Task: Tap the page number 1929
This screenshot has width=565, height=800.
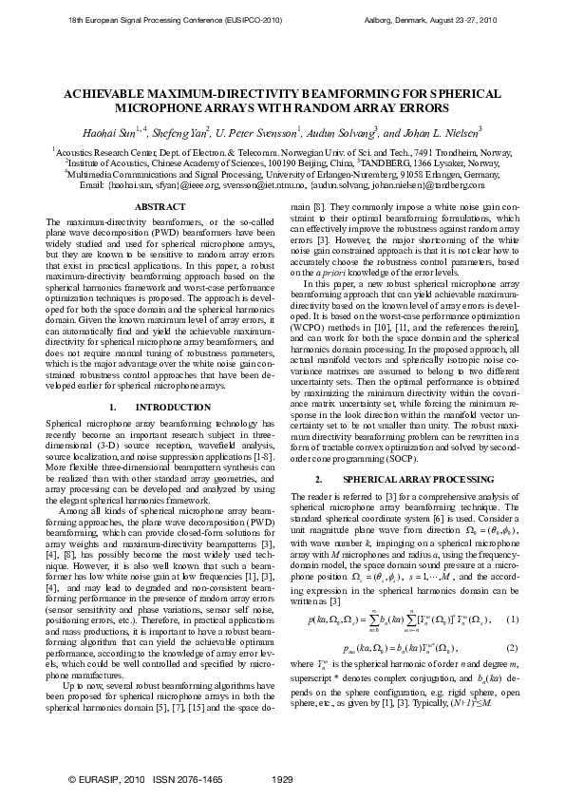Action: (282, 780)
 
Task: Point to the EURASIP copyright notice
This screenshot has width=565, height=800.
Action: (102, 780)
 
